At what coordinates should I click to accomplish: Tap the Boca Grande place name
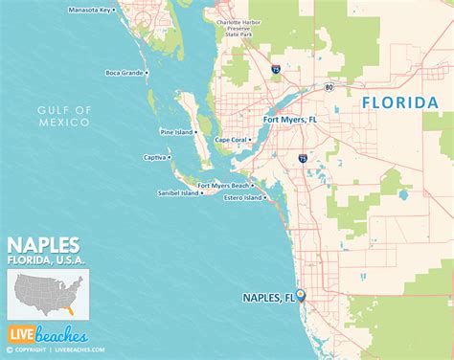125,73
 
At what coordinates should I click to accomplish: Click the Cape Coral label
232,140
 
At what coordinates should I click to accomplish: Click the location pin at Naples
299,297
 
